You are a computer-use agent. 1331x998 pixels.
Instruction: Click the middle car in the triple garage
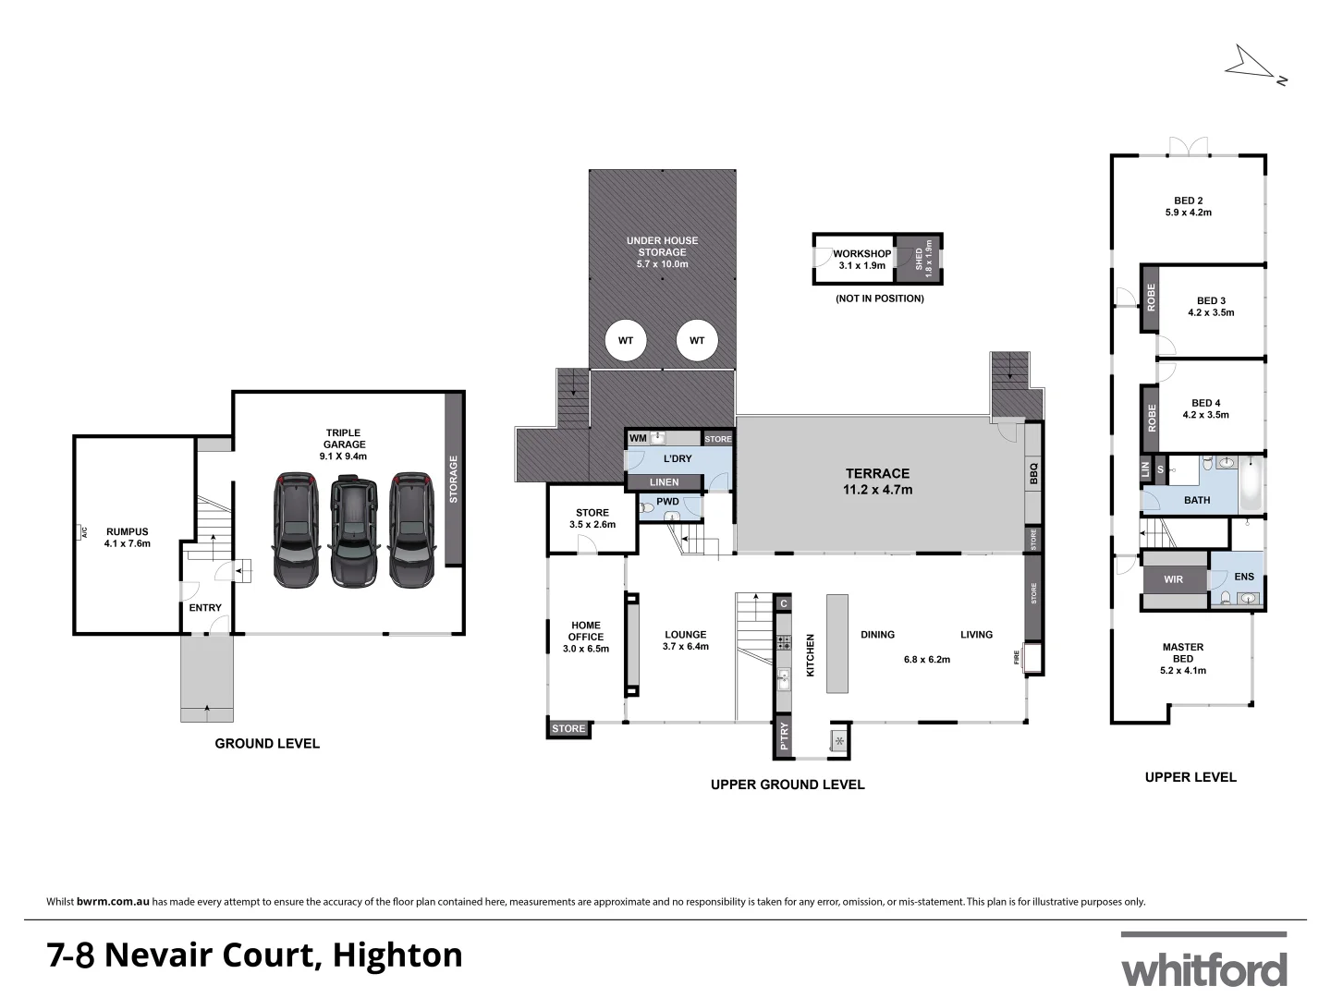pos(354,532)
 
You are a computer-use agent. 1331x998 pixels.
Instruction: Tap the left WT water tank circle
pos(626,341)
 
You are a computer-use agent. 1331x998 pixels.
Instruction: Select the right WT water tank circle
pos(697,341)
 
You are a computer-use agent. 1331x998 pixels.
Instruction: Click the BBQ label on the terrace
pos(1034,474)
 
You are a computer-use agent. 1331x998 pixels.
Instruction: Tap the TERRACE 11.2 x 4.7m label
pos(877,481)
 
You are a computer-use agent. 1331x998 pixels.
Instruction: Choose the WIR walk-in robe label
pos(1173,579)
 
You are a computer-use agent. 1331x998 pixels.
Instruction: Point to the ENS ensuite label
pos(1244,577)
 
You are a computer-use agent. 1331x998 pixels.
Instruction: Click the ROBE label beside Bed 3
pos(1151,298)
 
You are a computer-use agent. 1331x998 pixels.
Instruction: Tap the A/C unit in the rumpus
pos(82,532)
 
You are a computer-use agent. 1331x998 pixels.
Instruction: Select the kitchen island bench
pos(837,643)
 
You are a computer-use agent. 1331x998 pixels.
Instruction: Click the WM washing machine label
pos(638,438)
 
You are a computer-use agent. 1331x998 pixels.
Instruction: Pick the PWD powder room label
pos(667,502)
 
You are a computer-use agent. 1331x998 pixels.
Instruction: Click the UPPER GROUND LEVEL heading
pos(788,785)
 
